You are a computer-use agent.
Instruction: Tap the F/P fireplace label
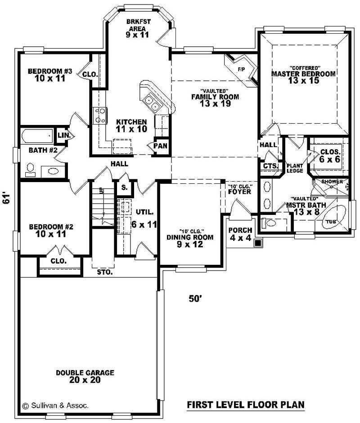pos(241,70)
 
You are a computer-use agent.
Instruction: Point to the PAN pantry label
pos(160,146)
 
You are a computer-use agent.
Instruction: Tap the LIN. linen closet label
pos(62,135)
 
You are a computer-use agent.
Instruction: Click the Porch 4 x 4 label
pos(239,234)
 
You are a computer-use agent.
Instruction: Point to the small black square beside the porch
pos(258,243)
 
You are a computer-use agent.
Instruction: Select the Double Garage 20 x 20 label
pos(85,376)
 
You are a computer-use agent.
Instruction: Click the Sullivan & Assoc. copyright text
pos(55,405)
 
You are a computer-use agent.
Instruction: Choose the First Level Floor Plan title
pos(245,405)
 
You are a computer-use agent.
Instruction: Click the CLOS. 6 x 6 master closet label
pos(329,155)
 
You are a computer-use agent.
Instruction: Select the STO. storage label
pos(104,272)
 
